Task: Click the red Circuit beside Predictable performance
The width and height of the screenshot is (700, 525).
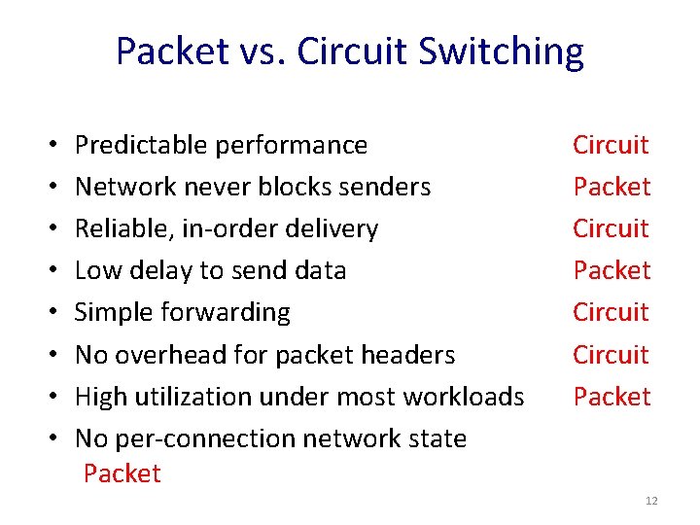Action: (x=611, y=145)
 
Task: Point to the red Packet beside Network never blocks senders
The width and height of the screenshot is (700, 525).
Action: (x=612, y=187)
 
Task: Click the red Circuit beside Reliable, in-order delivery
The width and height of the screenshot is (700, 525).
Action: (x=611, y=228)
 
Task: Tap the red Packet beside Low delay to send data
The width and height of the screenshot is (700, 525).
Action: (x=612, y=270)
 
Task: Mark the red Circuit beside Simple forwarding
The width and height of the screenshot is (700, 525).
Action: (x=611, y=312)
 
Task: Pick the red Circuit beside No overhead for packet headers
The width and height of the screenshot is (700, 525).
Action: (x=611, y=355)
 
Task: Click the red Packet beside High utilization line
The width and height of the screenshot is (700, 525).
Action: (x=612, y=397)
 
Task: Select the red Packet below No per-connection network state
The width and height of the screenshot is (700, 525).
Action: (x=122, y=473)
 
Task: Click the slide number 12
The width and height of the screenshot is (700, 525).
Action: (x=651, y=501)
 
